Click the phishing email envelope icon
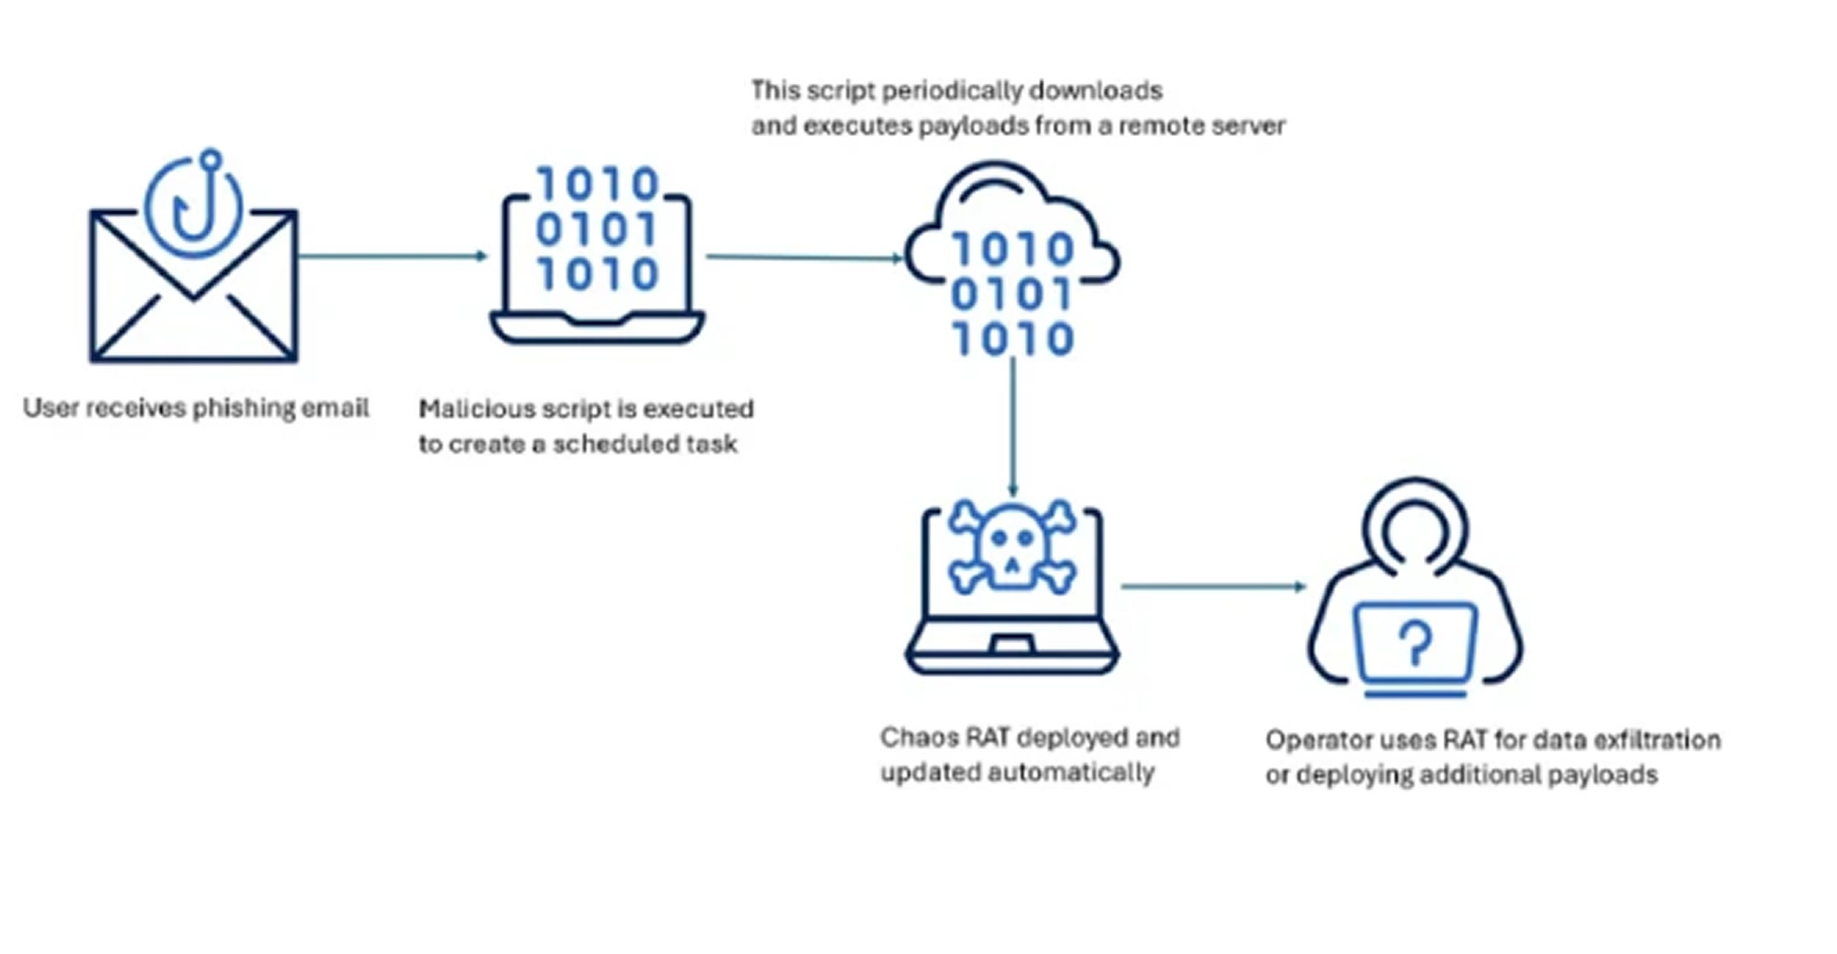pos(193,297)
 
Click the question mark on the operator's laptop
pos(1415,643)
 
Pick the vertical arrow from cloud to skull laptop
pos(1012,427)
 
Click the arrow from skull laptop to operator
pos(1212,587)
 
